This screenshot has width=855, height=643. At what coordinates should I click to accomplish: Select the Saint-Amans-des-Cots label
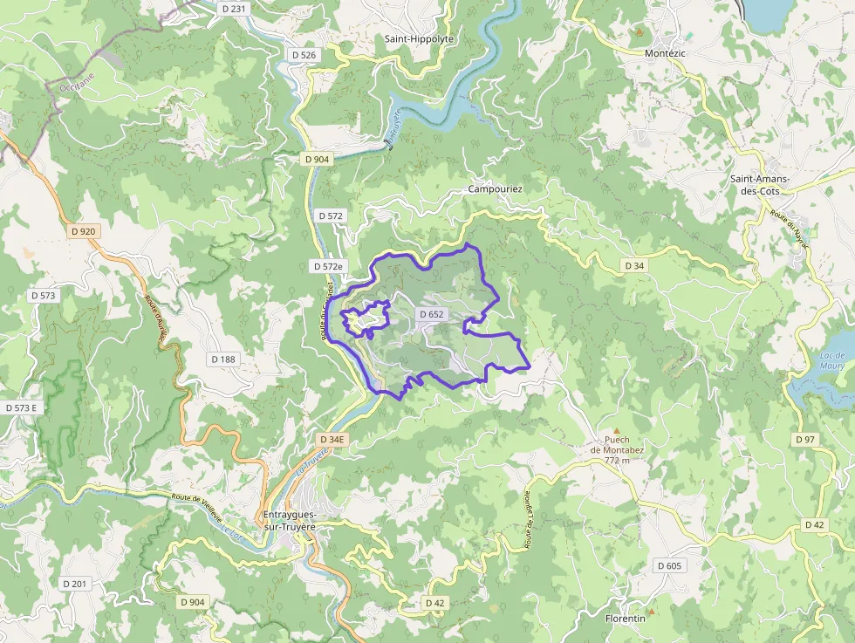[x=760, y=185]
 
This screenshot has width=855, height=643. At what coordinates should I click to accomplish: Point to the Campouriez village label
[x=495, y=188]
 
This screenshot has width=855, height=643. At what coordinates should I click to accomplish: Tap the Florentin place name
[x=625, y=619]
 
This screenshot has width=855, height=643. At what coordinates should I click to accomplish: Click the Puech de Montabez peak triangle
[x=618, y=431]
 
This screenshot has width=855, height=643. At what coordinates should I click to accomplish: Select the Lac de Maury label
[x=833, y=360]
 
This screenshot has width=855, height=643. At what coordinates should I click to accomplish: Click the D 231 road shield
[x=235, y=8]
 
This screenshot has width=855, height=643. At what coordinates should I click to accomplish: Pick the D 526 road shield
[x=304, y=55]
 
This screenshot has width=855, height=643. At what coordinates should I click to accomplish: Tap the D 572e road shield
[x=329, y=266]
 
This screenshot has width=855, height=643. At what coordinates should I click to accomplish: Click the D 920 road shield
[x=83, y=231]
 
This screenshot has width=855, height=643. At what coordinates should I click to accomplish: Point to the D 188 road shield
[x=223, y=359]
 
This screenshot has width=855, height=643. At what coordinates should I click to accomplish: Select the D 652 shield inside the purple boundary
[x=432, y=314]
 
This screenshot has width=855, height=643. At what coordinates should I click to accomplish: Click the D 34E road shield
[x=332, y=440]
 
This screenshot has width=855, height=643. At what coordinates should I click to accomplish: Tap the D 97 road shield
[x=804, y=439]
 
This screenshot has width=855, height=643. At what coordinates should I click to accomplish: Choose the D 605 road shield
[x=669, y=566]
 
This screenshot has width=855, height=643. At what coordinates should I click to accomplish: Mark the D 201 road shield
[x=75, y=584]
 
